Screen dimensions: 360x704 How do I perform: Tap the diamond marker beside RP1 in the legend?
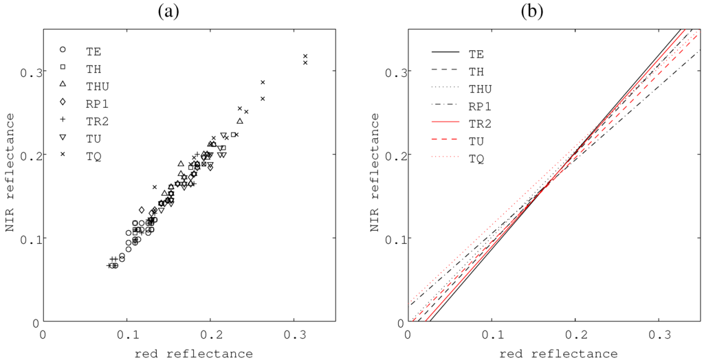point(63,103)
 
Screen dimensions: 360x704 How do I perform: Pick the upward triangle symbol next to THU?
point(63,85)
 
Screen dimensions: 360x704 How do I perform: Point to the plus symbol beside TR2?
point(63,120)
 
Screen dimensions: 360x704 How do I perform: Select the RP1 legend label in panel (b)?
point(480,106)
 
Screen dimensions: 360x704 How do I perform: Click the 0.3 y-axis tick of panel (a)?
point(29,71)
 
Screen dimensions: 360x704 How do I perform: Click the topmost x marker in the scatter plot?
point(305,56)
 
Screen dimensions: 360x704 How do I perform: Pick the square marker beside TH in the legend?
point(63,67)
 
